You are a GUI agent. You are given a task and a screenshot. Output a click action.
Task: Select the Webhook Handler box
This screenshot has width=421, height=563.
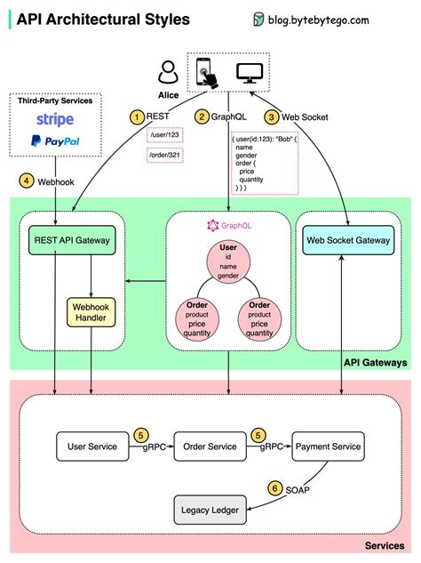[x=93, y=311]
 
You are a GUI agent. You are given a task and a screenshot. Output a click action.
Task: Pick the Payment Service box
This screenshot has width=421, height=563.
[x=328, y=446]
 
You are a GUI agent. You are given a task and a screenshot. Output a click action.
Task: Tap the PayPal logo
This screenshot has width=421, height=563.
[x=56, y=141]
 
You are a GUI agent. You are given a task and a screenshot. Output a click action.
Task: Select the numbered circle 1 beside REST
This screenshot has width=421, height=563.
[x=136, y=117]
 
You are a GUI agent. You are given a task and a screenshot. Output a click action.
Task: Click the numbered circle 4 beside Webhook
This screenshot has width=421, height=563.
[x=28, y=181]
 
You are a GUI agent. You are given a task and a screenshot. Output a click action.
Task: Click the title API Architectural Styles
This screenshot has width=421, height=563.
[x=102, y=19]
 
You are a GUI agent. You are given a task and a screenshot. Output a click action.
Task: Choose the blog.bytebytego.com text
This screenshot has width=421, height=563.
[x=338, y=19]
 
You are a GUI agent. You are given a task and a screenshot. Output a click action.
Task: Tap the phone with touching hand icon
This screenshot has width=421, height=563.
[x=205, y=69]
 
